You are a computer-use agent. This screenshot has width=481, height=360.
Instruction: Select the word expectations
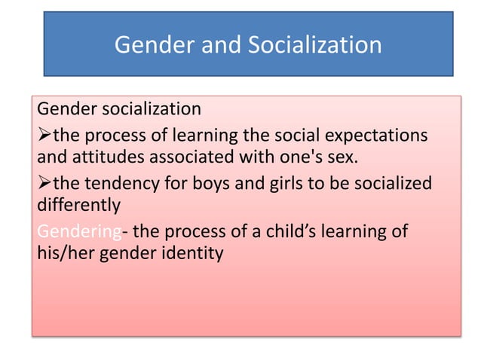pos(380,136)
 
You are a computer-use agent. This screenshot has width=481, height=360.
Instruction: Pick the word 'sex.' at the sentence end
pos(340,159)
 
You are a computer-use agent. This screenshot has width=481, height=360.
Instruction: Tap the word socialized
pos(391,183)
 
